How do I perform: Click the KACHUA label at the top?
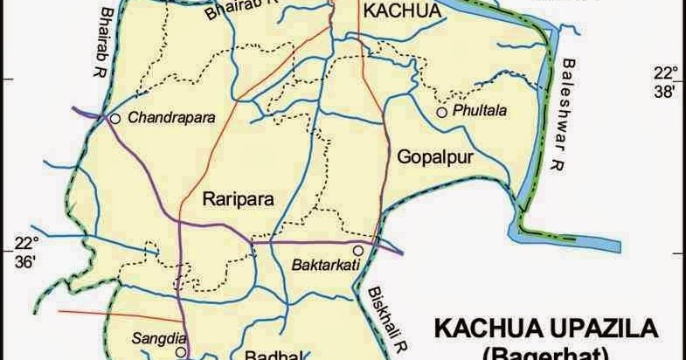pos(398,11)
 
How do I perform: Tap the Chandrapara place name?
pos(171,117)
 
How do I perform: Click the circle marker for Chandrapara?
pos(115,117)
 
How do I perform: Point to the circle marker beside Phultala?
pos(442,112)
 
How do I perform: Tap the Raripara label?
pos(238,198)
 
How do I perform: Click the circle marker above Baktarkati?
pos(357,250)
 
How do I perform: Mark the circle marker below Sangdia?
pos(179,351)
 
